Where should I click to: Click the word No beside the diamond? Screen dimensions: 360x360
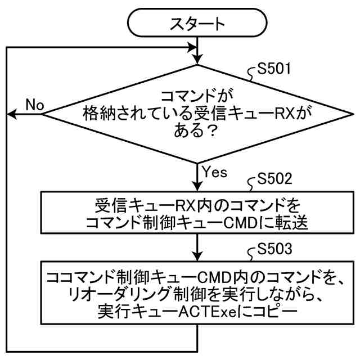click(x=35, y=105)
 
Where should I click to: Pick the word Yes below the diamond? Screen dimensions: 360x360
click(x=213, y=172)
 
